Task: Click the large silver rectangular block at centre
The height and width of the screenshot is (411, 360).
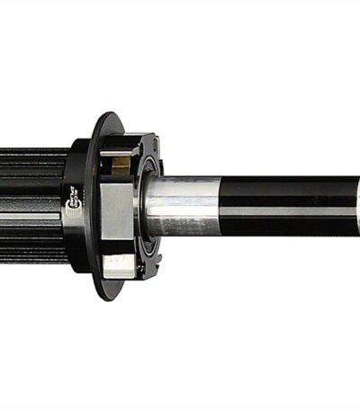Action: click(x=117, y=212)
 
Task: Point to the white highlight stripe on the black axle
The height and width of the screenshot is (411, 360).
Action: click(x=288, y=212)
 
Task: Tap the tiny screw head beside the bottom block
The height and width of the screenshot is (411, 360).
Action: click(x=139, y=267)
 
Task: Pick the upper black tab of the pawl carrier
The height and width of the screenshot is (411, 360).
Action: click(x=144, y=144)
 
